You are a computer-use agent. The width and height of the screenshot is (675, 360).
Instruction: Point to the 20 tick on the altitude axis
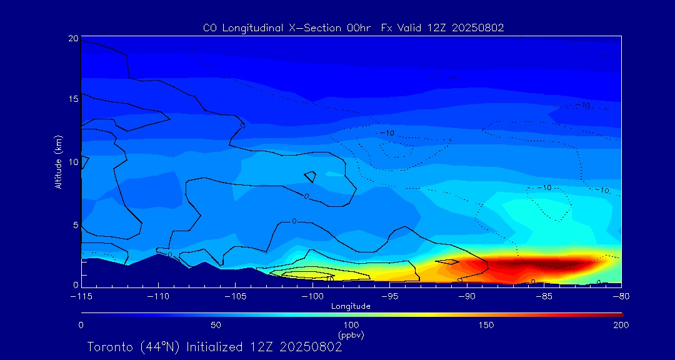coord(74,38)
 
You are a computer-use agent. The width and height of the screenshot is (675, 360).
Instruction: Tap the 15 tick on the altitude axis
coord(74,99)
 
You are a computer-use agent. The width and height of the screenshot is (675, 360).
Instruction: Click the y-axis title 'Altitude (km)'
coord(58,162)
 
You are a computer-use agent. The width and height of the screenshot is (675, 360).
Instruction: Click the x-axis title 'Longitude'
coord(351,306)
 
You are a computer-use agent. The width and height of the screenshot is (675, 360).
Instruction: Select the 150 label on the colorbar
coord(486,325)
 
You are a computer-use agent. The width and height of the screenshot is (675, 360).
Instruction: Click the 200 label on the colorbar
coord(620,325)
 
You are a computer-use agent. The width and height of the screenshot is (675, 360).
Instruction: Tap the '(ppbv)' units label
coord(351,334)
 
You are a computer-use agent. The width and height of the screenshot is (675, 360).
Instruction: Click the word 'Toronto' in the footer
coord(109,346)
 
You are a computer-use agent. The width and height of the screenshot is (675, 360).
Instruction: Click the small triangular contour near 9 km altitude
coord(310,176)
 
